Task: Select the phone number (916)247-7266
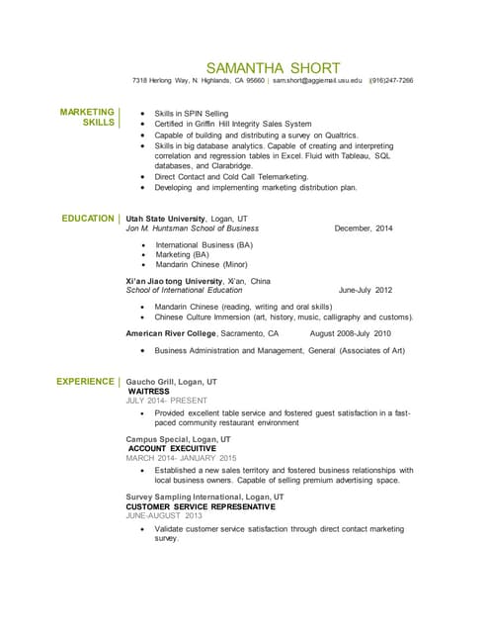click(392, 80)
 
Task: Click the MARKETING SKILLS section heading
click(87, 118)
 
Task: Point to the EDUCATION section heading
click(87, 218)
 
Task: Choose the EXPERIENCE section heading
click(85, 381)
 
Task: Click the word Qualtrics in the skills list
click(338, 136)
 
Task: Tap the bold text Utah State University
click(165, 218)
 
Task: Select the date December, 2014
click(364, 228)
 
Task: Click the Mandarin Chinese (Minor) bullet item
click(201, 265)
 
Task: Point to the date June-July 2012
click(366, 291)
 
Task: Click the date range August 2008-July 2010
click(351, 334)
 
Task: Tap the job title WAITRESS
click(151, 391)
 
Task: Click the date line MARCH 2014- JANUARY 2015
click(182, 458)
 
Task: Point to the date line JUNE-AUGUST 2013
click(164, 515)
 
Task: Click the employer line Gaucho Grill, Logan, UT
click(172, 381)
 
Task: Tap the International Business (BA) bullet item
click(204, 243)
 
